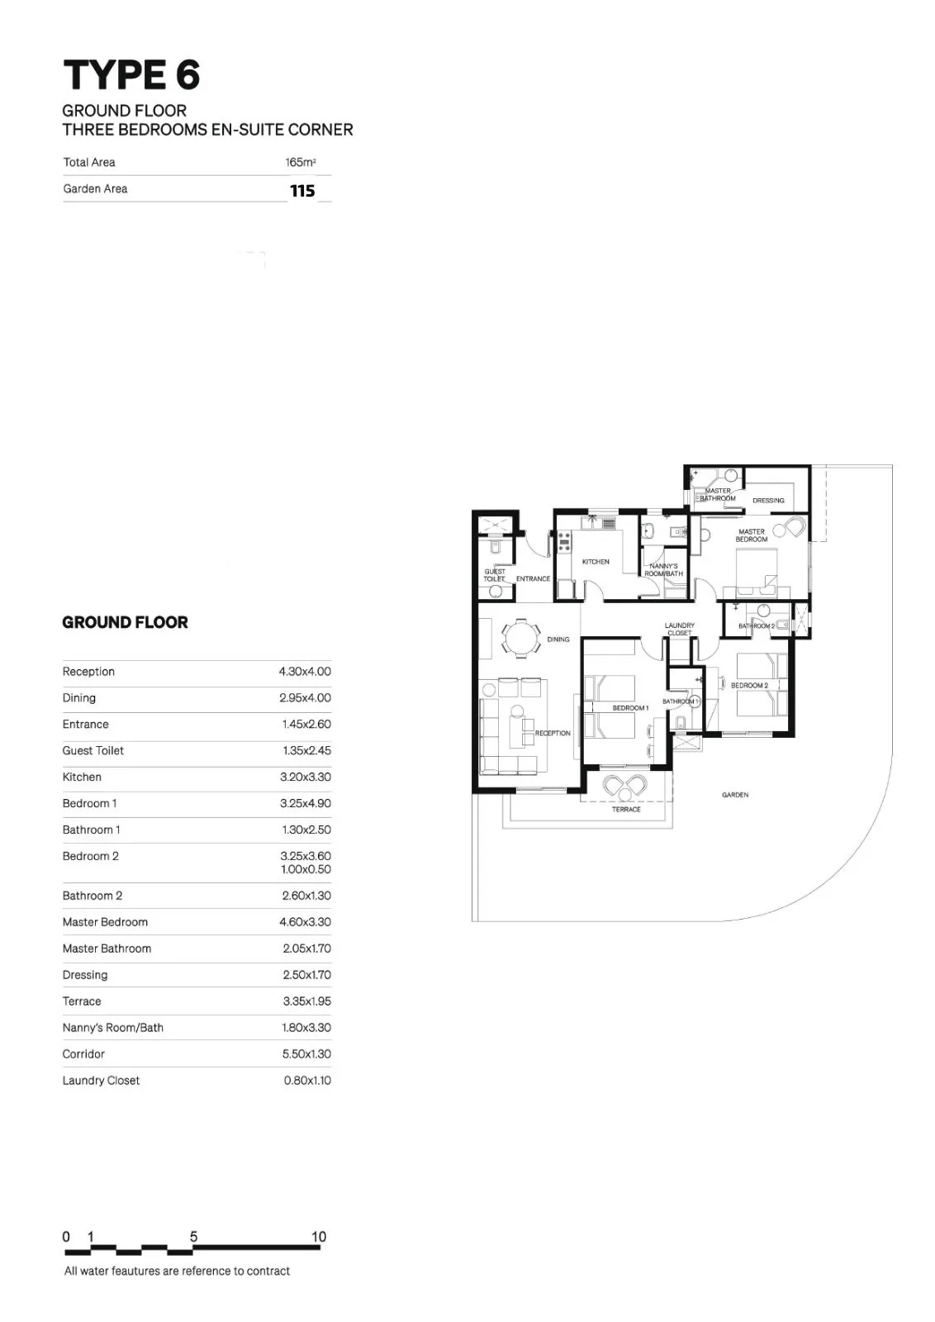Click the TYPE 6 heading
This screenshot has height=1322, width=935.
click(x=131, y=75)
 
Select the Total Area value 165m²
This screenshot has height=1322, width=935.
click(x=301, y=162)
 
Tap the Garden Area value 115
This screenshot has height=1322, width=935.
click(x=302, y=191)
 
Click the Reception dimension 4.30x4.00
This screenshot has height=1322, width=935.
click(x=305, y=672)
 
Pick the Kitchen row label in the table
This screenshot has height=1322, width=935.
click(x=82, y=777)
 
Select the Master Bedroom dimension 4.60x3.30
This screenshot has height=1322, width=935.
click(x=305, y=922)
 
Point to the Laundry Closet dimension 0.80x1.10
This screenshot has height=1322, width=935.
click(x=307, y=1080)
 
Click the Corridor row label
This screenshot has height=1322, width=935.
click(x=83, y=1053)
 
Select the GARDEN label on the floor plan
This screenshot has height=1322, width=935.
click(x=735, y=795)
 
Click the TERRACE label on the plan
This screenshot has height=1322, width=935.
click(x=626, y=809)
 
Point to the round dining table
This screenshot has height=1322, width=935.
click(x=521, y=637)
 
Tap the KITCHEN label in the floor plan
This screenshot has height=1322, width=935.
click(x=596, y=562)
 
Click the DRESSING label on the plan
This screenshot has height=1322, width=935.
click(x=768, y=501)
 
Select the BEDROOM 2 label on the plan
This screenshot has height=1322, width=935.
click(x=749, y=685)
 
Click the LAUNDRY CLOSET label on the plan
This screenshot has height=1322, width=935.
click(x=680, y=629)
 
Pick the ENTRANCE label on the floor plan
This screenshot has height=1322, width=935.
click(x=534, y=579)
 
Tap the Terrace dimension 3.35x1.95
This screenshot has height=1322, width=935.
click(x=306, y=1001)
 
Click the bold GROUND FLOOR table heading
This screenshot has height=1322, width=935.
click(x=125, y=622)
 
